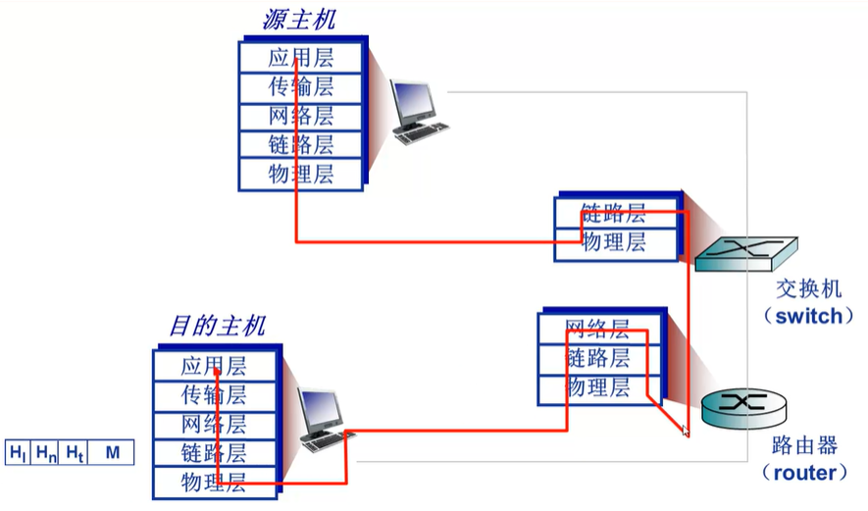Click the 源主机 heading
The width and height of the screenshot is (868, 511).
pos(299,19)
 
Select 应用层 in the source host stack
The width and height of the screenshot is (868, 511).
pos(301,57)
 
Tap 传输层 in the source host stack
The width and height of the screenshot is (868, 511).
pos(301,86)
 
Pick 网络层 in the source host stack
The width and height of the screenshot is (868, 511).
pos(301,116)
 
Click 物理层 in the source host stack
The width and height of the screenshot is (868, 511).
pos(301,175)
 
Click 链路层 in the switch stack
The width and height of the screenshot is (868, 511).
pos(614,213)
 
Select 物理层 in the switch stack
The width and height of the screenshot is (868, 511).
pos(614,242)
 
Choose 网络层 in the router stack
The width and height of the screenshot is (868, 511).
pos(598,329)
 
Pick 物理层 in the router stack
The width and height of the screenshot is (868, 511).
pos(598,387)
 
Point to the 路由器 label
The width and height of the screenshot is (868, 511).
pos(804,446)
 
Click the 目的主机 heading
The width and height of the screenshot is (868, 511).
pos(217,326)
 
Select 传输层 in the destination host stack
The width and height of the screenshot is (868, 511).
pos(214,395)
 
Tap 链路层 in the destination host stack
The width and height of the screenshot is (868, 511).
pos(214,453)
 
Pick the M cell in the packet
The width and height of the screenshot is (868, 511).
pos(112,452)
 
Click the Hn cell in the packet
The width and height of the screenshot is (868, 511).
pos(46,452)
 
